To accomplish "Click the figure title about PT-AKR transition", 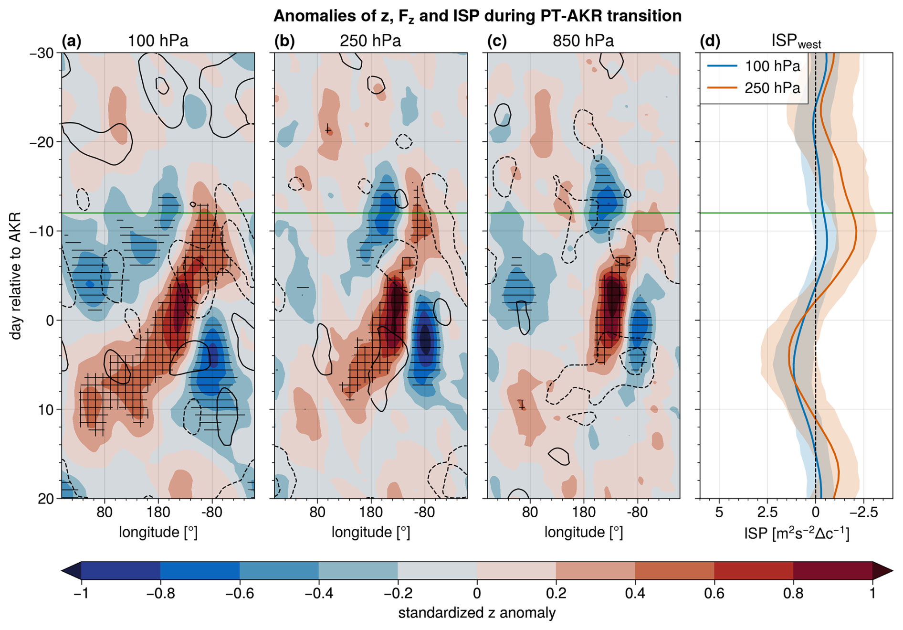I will (x=477, y=16).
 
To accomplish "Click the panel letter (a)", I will (x=72, y=42).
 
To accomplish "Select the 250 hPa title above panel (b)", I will (x=370, y=42).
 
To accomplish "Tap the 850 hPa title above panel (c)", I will (x=583, y=42).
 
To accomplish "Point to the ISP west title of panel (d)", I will (x=796, y=42).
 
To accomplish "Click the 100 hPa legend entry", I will (x=772, y=66).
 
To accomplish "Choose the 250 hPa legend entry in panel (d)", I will (x=772, y=88).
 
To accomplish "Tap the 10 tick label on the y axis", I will (x=46, y=409).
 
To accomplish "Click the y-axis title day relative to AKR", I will (x=16, y=276).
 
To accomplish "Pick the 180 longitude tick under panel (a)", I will (x=158, y=513).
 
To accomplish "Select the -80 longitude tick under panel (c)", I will (x=637, y=513).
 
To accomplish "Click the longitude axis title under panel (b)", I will (x=371, y=532).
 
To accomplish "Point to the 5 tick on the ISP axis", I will (x=719, y=513).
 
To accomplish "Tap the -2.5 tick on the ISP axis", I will (x=864, y=513).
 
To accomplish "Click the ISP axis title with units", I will (x=797, y=533).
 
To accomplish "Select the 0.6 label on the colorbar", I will (x=714, y=594).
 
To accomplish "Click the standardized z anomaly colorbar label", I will (x=477, y=613).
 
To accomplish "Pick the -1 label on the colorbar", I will (x=81, y=594).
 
